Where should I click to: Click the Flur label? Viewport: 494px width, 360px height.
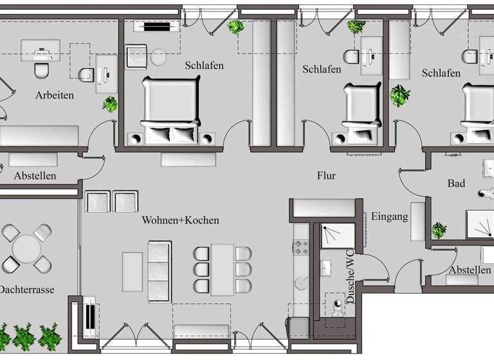click(x=326, y=175)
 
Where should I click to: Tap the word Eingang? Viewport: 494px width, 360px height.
click(x=389, y=217)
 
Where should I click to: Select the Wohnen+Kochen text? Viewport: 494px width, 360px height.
click(x=180, y=221)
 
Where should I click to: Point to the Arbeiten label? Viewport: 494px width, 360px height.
click(x=54, y=95)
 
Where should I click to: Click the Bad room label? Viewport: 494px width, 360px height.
click(x=456, y=184)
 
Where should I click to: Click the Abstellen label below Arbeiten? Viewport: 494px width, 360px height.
click(x=35, y=175)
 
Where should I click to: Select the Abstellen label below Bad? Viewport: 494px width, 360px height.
click(x=470, y=270)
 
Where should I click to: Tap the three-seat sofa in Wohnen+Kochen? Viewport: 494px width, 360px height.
click(x=160, y=271)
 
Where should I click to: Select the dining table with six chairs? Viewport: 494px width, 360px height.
click(x=223, y=269)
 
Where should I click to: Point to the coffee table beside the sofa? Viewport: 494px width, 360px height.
click(x=133, y=271)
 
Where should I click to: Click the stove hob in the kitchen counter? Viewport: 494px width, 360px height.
click(x=301, y=247)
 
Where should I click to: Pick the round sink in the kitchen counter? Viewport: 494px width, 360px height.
click(x=301, y=282)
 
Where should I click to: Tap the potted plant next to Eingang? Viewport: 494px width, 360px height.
click(x=439, y=230)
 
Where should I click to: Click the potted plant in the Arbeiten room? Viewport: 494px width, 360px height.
click(x=110, y=104)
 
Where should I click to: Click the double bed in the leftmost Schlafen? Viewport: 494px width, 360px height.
click(x=170, y=108)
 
